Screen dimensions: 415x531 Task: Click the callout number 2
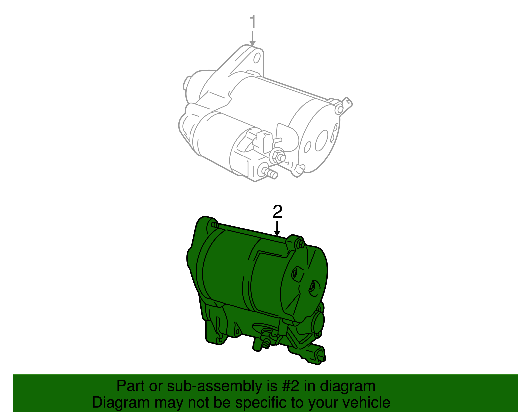click(277, 212)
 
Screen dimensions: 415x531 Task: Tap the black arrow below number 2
click(277, 229)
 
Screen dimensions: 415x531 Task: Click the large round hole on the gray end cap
click(321, 140)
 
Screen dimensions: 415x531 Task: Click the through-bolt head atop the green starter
click(300, 244)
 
